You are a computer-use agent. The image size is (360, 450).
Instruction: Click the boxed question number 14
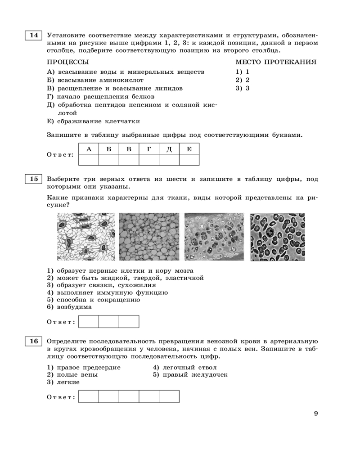(x=34, y=35)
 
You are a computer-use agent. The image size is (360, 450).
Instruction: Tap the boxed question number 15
(x=34, y=179)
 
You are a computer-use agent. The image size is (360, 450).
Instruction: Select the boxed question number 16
(x=34, y=341)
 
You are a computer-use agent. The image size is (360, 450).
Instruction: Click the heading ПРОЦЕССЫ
(x=68, y=62)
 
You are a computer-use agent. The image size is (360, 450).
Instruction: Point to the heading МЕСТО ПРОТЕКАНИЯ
(x=276, y=62)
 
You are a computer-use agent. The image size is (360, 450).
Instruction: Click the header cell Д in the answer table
(x=169, y=149)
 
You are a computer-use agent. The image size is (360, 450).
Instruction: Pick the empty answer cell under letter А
(x=89, y=160)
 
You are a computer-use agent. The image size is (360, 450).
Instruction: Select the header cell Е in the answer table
(x=189, y=149)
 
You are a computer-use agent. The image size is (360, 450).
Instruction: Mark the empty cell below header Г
(x=149, y=160)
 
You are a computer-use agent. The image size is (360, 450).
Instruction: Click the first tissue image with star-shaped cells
(x=85, y=237)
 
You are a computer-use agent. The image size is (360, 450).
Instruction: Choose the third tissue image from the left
(x=214, y=237)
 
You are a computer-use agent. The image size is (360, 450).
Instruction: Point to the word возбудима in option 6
(x=74, y=307)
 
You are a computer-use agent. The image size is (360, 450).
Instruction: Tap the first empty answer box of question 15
(x=89, y=322)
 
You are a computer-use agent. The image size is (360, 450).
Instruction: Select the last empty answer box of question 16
(x=169, y=396)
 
